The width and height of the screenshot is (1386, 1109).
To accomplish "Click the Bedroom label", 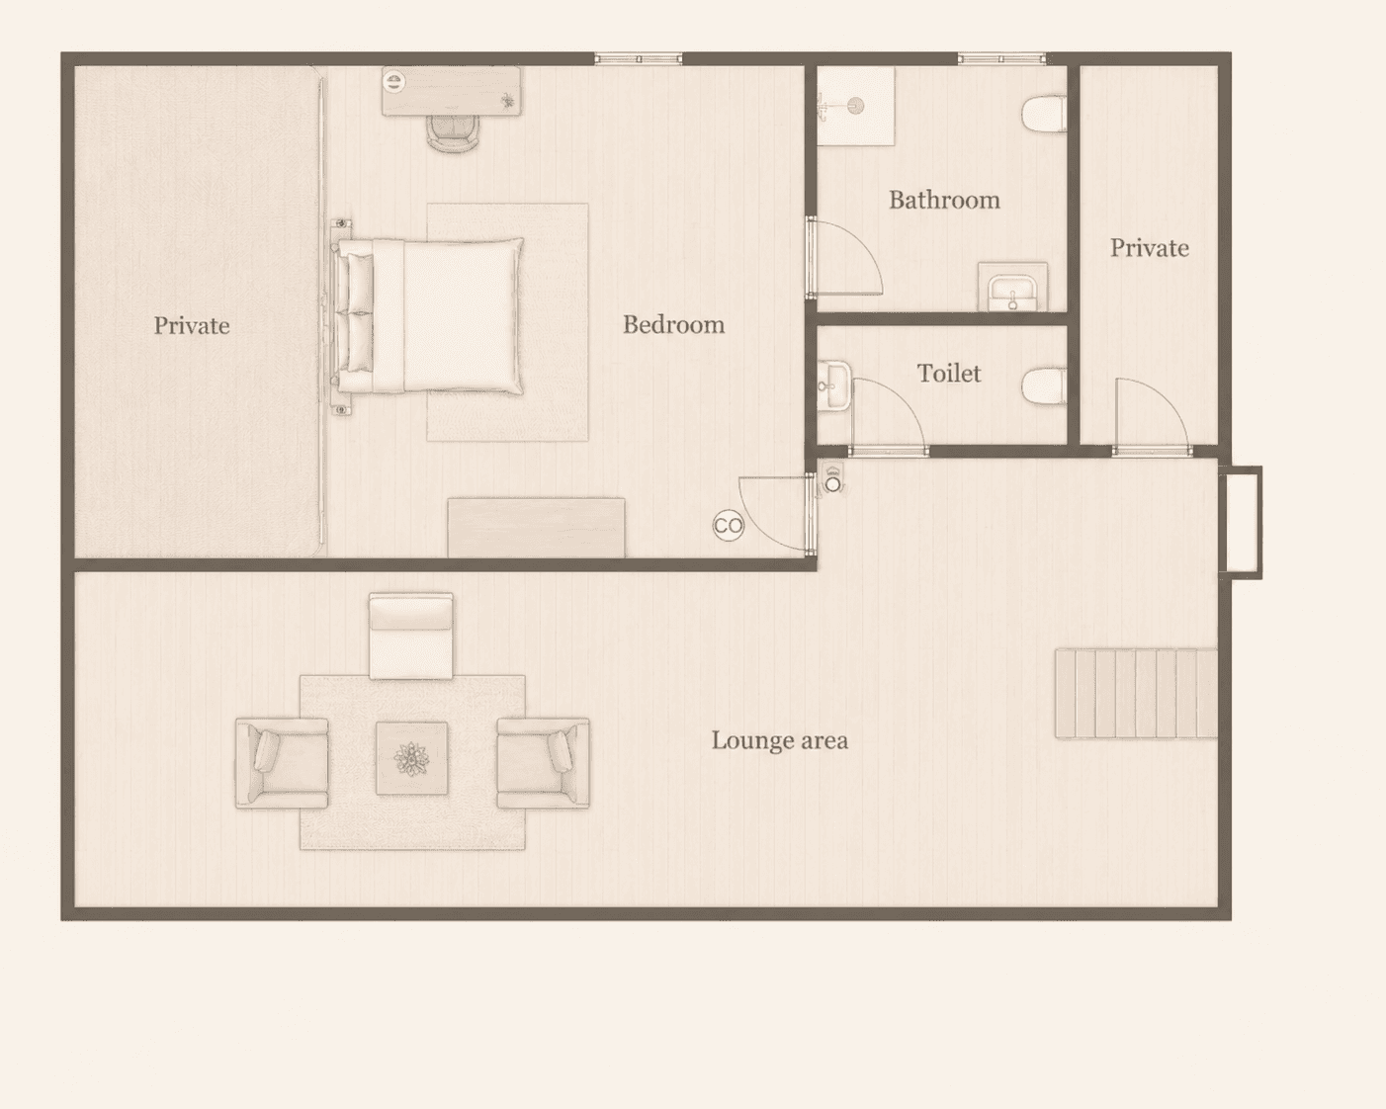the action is pyautogui.click(x=673, y=325).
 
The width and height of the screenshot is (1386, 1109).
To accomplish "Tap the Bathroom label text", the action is pyautogui.click(x=945, y=201).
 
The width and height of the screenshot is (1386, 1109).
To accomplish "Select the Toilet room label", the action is pyautogui.click(x=949, y=374).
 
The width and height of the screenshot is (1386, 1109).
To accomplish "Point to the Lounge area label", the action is pyautogui.click(x=779, y=741).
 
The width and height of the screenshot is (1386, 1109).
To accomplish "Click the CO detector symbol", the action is pyautogui.click(x=729, y=526).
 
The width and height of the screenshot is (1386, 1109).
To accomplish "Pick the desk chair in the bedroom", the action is pyautogui.click(x=454, y=133).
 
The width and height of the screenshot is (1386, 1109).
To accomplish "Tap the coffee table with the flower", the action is pyautogui.click(x=411, y=758).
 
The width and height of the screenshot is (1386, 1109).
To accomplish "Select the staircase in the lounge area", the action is pyautogui.click(x=1136, y=693).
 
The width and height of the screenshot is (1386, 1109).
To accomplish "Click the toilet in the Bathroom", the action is pyautogui.click(x=1044, y=114).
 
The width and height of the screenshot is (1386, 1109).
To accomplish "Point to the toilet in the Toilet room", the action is pyautogui.click(x=1044, y=386).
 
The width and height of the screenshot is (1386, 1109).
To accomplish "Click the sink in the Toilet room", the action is pyautogui.click(x=834, y=385).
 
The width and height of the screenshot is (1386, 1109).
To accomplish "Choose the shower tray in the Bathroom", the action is pyautogui.click(x=856, y=107).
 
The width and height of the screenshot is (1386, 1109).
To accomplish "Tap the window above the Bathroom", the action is pyautogui.click(x=1001, y=59).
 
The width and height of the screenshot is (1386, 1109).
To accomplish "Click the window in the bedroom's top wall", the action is pyautogui.click(x=638, y=59).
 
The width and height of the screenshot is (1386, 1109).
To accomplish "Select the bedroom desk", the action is pyautogui.click(x=452, y=92).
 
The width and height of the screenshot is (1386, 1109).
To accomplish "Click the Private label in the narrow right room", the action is pyautogui.click(x=1150, y=249).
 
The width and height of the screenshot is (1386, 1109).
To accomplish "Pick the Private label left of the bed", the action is pyautogui.click(x=191, y=326).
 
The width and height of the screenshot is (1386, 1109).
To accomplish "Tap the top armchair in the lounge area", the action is pyautogui.click(x=411, y=637).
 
